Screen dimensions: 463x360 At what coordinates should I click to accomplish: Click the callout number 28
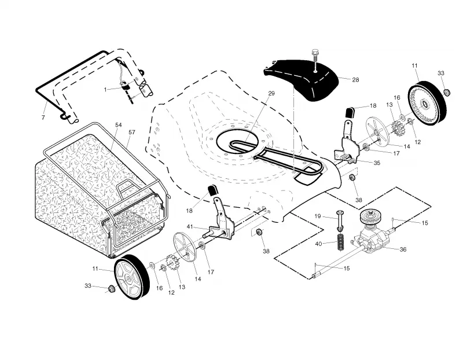tap(355, 80)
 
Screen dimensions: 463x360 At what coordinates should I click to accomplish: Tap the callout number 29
tap(271, 93)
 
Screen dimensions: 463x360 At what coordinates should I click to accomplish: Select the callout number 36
tap(403, 249)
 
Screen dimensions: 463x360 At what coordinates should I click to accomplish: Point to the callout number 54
tap(118, 125)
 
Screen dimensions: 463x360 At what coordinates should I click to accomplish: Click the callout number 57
tap(132, 133)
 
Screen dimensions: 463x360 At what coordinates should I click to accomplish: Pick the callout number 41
tap(190, 226)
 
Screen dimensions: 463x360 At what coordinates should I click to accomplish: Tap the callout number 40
tap(318, 244)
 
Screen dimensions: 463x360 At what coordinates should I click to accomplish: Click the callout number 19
tap(317, 216)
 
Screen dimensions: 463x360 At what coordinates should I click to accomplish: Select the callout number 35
tap(377, 163)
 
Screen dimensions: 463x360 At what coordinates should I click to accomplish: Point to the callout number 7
tap(43, 117)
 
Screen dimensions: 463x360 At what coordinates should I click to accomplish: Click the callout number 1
tap(105, 90)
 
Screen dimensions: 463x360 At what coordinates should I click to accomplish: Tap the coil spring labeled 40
tap(341, 242)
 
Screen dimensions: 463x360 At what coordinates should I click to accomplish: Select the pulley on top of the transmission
tap(369, 218)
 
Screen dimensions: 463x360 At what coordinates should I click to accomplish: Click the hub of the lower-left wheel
tap(128, 278)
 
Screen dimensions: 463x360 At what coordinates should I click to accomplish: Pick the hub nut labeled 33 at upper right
tap(447, 92)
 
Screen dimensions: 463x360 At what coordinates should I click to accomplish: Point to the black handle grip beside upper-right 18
tap(349, 113)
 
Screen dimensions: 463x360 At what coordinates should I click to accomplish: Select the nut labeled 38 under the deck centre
tap(259, 232)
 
